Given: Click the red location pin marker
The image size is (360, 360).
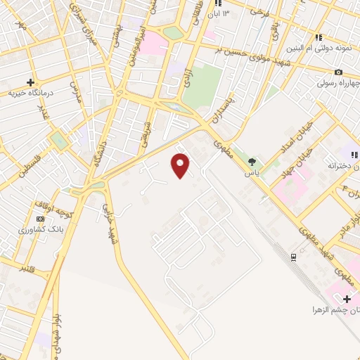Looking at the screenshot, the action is coord(181,166).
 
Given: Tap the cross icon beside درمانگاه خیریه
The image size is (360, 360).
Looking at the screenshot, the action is coord(30,82).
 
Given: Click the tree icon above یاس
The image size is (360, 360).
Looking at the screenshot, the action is coord(252,162).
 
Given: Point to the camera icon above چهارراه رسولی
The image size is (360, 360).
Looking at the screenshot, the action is coord(339,72).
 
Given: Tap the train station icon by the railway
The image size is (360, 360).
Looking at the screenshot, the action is coord(292,257).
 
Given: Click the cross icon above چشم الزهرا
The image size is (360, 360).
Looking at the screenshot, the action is coord(347,299).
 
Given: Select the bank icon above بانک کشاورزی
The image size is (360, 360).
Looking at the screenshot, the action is coord(40,220).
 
